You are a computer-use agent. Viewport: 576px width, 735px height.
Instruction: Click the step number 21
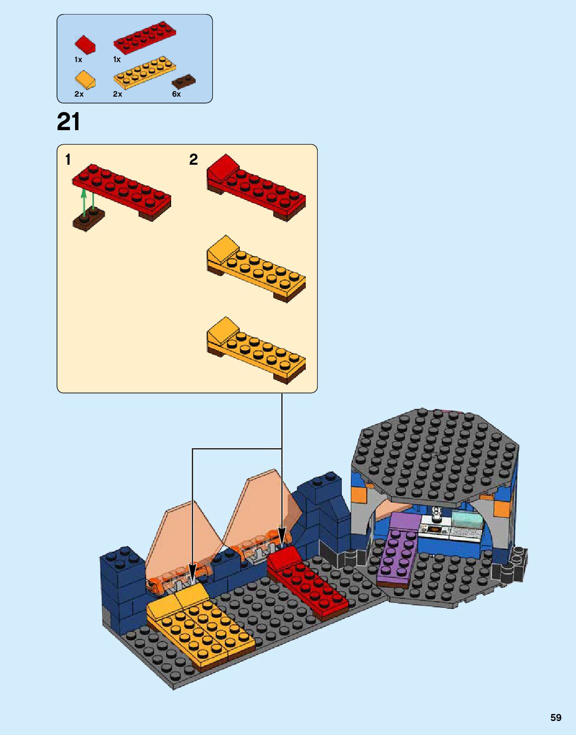click(x=69, y=122)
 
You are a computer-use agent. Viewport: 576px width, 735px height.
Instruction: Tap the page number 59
click(x=555, y=717)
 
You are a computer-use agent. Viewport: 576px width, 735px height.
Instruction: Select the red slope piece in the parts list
click(x=85, y=44)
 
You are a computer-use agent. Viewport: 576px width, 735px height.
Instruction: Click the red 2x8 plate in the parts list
click(x=144, y=38)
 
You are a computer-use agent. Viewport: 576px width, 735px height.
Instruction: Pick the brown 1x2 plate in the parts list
click(x=183, y=81)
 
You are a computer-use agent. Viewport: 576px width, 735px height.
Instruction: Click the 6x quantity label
click(x=176, y=94)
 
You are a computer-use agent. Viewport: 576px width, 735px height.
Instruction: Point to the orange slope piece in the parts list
click(x=85, y=79)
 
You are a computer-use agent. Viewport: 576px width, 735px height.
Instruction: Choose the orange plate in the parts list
click(x=145, y=73)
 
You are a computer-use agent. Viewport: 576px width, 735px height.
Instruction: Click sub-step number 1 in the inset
click(x=68, y=160)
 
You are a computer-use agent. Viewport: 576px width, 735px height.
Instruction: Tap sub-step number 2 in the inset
click(x=193, y=160)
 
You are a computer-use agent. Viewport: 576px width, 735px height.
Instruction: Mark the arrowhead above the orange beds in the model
click(x=193, y=572)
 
